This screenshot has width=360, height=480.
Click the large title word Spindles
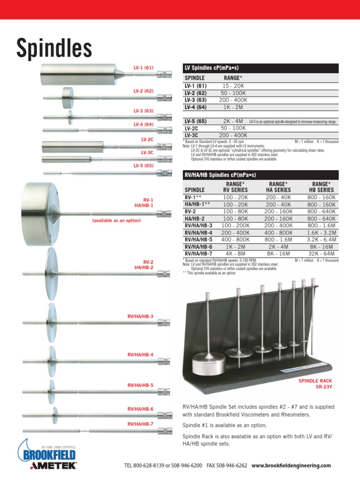coord(54,48)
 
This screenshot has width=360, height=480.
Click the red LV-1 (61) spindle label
coord(143,68)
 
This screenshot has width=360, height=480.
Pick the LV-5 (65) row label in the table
coord(195,121)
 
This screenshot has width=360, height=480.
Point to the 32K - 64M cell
coord(322,253)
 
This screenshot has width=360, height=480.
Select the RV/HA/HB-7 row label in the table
coord(198,253)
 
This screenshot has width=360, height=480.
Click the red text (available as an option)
coord(116,220)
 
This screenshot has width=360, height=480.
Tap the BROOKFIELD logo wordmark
coord(47,455)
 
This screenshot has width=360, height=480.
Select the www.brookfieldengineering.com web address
coord(291,465)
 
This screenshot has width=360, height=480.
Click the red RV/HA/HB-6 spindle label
coord(141,409)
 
